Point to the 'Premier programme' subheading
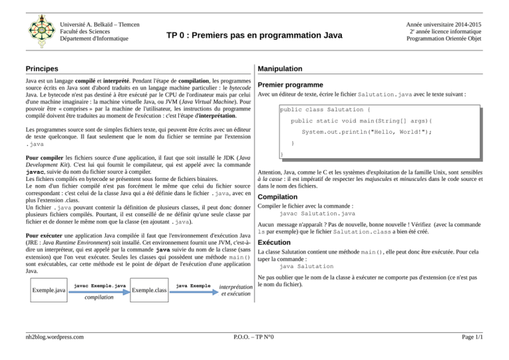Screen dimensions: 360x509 pyautogui.click(x=290, y=85)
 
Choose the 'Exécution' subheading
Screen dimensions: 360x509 pyautogui.click(x=276, y=243)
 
